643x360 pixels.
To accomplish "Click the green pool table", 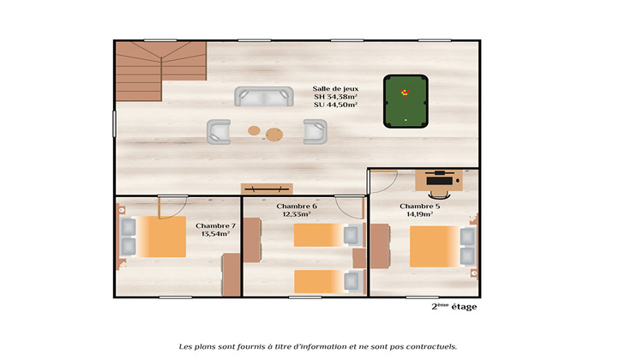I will coord(406,101).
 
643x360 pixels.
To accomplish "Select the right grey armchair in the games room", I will coord(315,131).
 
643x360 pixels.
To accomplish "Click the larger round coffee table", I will coord(274,134).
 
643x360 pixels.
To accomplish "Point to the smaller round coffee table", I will coord(254,131).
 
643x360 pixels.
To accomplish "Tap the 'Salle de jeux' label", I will coord(336,88).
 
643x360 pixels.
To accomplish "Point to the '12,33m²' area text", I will coord(297,215).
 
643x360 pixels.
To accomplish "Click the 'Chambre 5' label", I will coord(420,206).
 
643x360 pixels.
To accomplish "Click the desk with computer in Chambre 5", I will coord(439,179).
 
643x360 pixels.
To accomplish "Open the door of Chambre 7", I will coord(172,206).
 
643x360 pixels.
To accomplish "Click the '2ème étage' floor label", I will coord(454,307).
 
